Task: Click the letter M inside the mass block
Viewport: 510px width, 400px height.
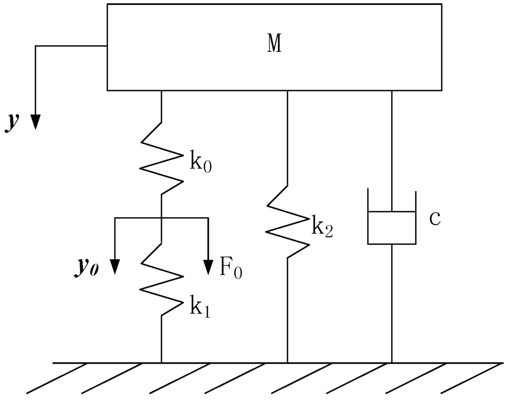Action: click(274, 45)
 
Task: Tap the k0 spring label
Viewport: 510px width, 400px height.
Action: click(200, 163)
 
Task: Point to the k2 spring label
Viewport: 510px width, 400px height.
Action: click(322, 227)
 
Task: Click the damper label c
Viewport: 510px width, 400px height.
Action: click(434, 219)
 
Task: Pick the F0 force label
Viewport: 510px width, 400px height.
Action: click(231, 268)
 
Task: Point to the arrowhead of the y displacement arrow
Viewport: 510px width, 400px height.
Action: click(35, 122)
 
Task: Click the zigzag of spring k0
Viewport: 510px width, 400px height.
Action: click(161, 157)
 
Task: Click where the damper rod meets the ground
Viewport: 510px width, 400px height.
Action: click(391, 363)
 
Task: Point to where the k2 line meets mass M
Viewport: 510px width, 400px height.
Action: click(287, 91)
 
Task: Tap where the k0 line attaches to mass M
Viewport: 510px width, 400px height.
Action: click(161, 91)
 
